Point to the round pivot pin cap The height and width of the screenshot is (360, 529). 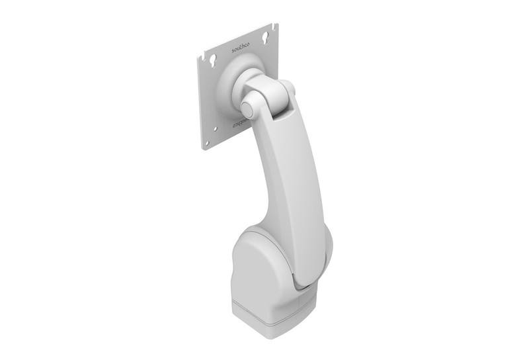coord(249,105)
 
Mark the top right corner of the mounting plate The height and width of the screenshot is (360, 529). coord(276,25)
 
